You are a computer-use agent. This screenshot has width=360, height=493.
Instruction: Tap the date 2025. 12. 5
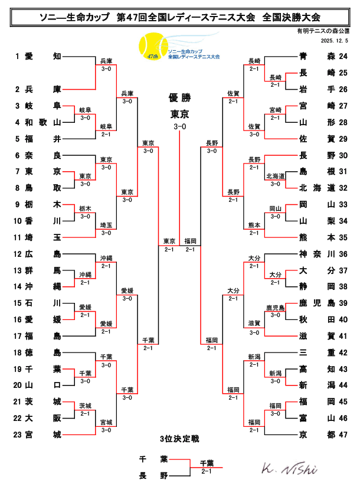click(335, 41)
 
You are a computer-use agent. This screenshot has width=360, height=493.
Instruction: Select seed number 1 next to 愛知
click(18, 56)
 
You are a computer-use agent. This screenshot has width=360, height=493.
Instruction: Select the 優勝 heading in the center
click(179, 97)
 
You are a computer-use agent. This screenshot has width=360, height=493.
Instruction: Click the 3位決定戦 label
click(179, 439)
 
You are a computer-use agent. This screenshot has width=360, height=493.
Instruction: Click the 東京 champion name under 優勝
click(179, 113)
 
